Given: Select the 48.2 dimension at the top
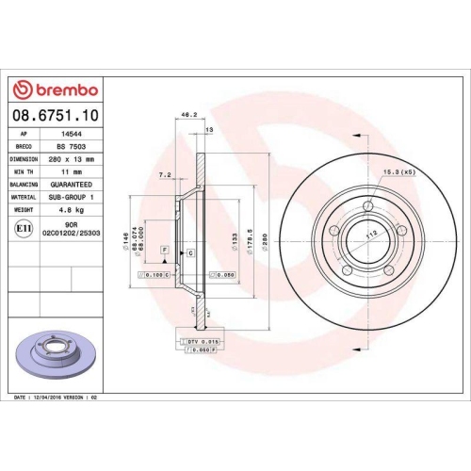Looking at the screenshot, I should [187, 114].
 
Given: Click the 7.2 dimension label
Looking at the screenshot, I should [165, 174].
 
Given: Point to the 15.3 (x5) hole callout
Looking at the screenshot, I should [398, 171].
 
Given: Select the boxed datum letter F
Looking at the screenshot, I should [165, 250].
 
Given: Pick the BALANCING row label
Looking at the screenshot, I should [24, 186].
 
